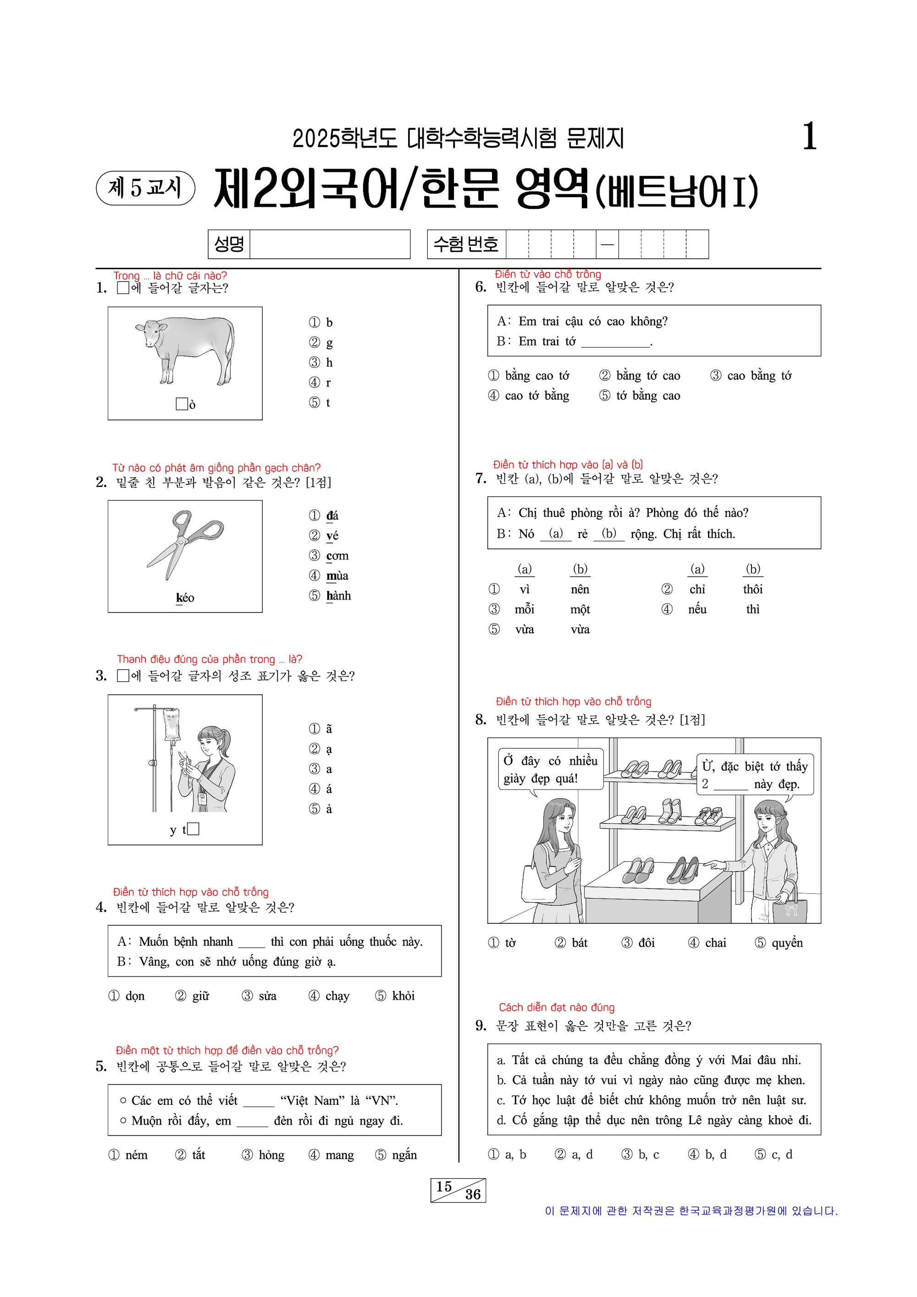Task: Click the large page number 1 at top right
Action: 809,137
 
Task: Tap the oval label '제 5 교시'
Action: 146,188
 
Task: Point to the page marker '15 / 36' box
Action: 458,1190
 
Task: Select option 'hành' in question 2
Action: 338,596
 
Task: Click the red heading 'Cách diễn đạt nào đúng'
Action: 557,1007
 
